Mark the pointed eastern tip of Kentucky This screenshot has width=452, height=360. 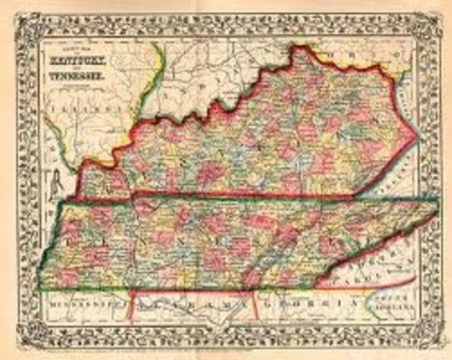pos(414,136)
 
